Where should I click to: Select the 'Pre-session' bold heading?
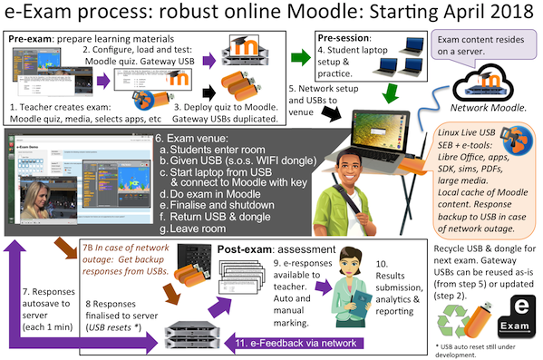pos(343,38)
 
